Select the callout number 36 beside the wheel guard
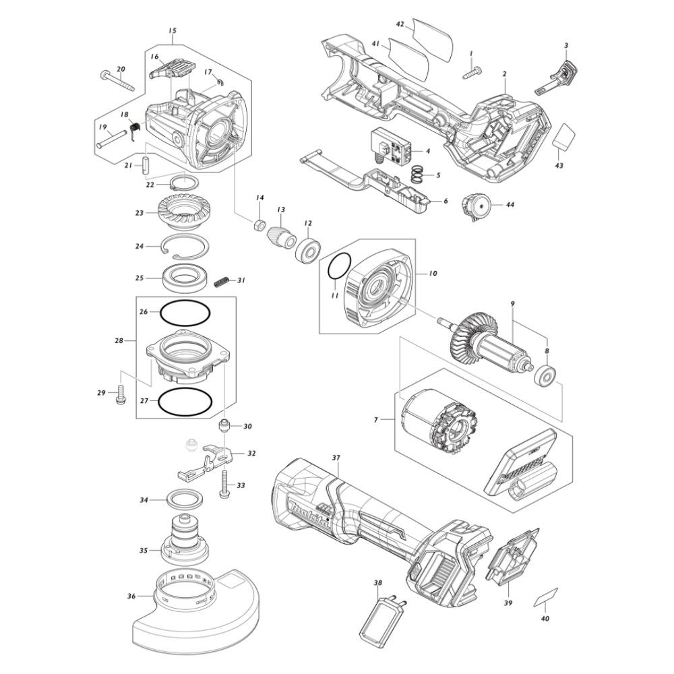coord(131,596)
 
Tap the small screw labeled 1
coord(472,71)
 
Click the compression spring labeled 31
coord(220,282)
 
